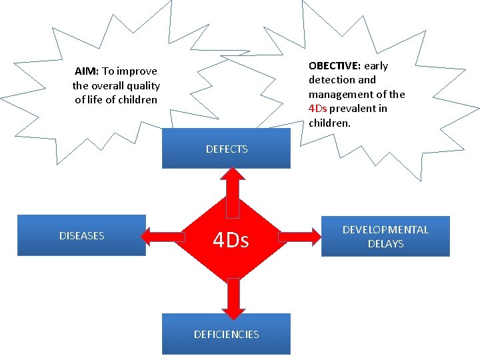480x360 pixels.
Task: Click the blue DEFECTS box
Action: pos(227,149)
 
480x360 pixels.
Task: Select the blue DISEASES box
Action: pos(81,235)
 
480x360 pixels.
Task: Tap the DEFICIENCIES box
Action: pos(227,334)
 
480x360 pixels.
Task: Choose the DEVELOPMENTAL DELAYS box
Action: pos(385,236)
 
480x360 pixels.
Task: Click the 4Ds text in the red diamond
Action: pos(231,240)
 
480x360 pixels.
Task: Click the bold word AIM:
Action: pos(87,71)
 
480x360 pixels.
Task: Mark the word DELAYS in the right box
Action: pos(385,244)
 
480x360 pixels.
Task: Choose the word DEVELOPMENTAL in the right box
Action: pos(385,229)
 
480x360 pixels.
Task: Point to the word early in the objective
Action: pos(376,66)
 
